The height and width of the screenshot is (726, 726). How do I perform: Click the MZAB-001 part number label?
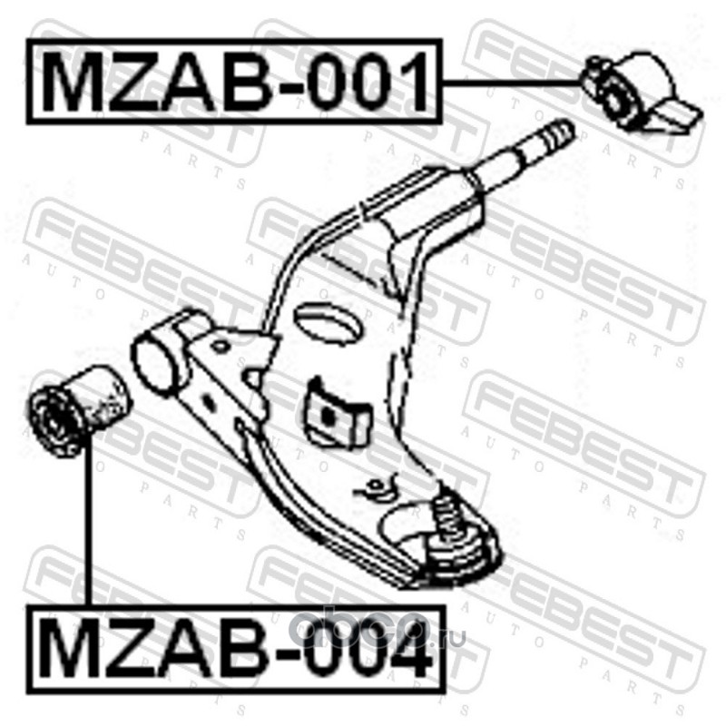pyautogui.click(x=234, y=82)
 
